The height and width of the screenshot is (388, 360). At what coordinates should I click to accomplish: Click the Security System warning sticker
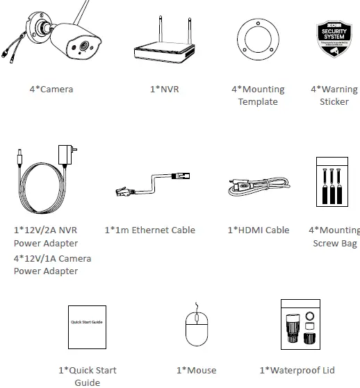333,38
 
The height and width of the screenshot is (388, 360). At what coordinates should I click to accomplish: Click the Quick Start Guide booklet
87,326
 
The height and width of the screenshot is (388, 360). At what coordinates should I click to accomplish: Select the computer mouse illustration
196,331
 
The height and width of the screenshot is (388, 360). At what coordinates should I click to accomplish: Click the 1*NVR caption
165,89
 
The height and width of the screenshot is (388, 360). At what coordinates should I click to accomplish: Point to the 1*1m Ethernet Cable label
149,230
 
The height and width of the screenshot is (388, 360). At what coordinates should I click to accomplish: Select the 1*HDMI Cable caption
258,230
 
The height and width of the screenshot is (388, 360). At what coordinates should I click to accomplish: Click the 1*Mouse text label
196,371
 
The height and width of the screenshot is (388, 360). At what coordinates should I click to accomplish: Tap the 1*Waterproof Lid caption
298,371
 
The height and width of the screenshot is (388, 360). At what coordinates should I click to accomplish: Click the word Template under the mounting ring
258,102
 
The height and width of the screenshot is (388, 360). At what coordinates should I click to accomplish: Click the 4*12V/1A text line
52,258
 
